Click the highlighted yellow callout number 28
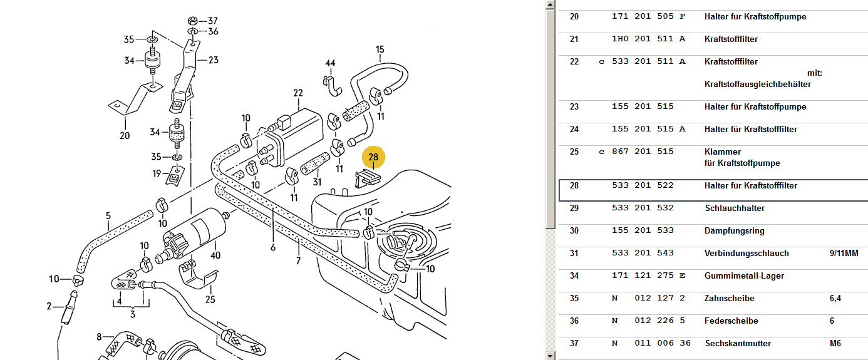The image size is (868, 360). [x=373, y=158]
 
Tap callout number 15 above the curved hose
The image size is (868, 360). [x=380, y=49]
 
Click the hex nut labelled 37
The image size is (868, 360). [x=192, y=20]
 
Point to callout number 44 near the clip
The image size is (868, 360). [x=330, y=63]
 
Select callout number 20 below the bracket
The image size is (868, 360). [x=125, y=135]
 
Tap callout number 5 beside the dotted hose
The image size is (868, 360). [x=108, y=216]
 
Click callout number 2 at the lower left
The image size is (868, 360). [x=49, y=306]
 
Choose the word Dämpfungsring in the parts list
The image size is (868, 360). [x=734, y=230]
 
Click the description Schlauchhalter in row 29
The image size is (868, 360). [x=735, y=208]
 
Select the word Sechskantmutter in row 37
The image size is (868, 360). [x=738, y=343]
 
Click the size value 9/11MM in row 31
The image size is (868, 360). [x=844, y=253]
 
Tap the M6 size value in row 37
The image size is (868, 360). [x=835, y=343]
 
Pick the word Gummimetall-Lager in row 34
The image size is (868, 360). [x=744, y=275]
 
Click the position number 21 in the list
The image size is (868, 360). [x=574, y=39]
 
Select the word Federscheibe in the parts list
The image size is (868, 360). [x=731, y=321]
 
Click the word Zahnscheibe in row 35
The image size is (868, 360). [x=729, y=298]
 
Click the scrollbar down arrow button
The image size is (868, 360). [x=550, y=356]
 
